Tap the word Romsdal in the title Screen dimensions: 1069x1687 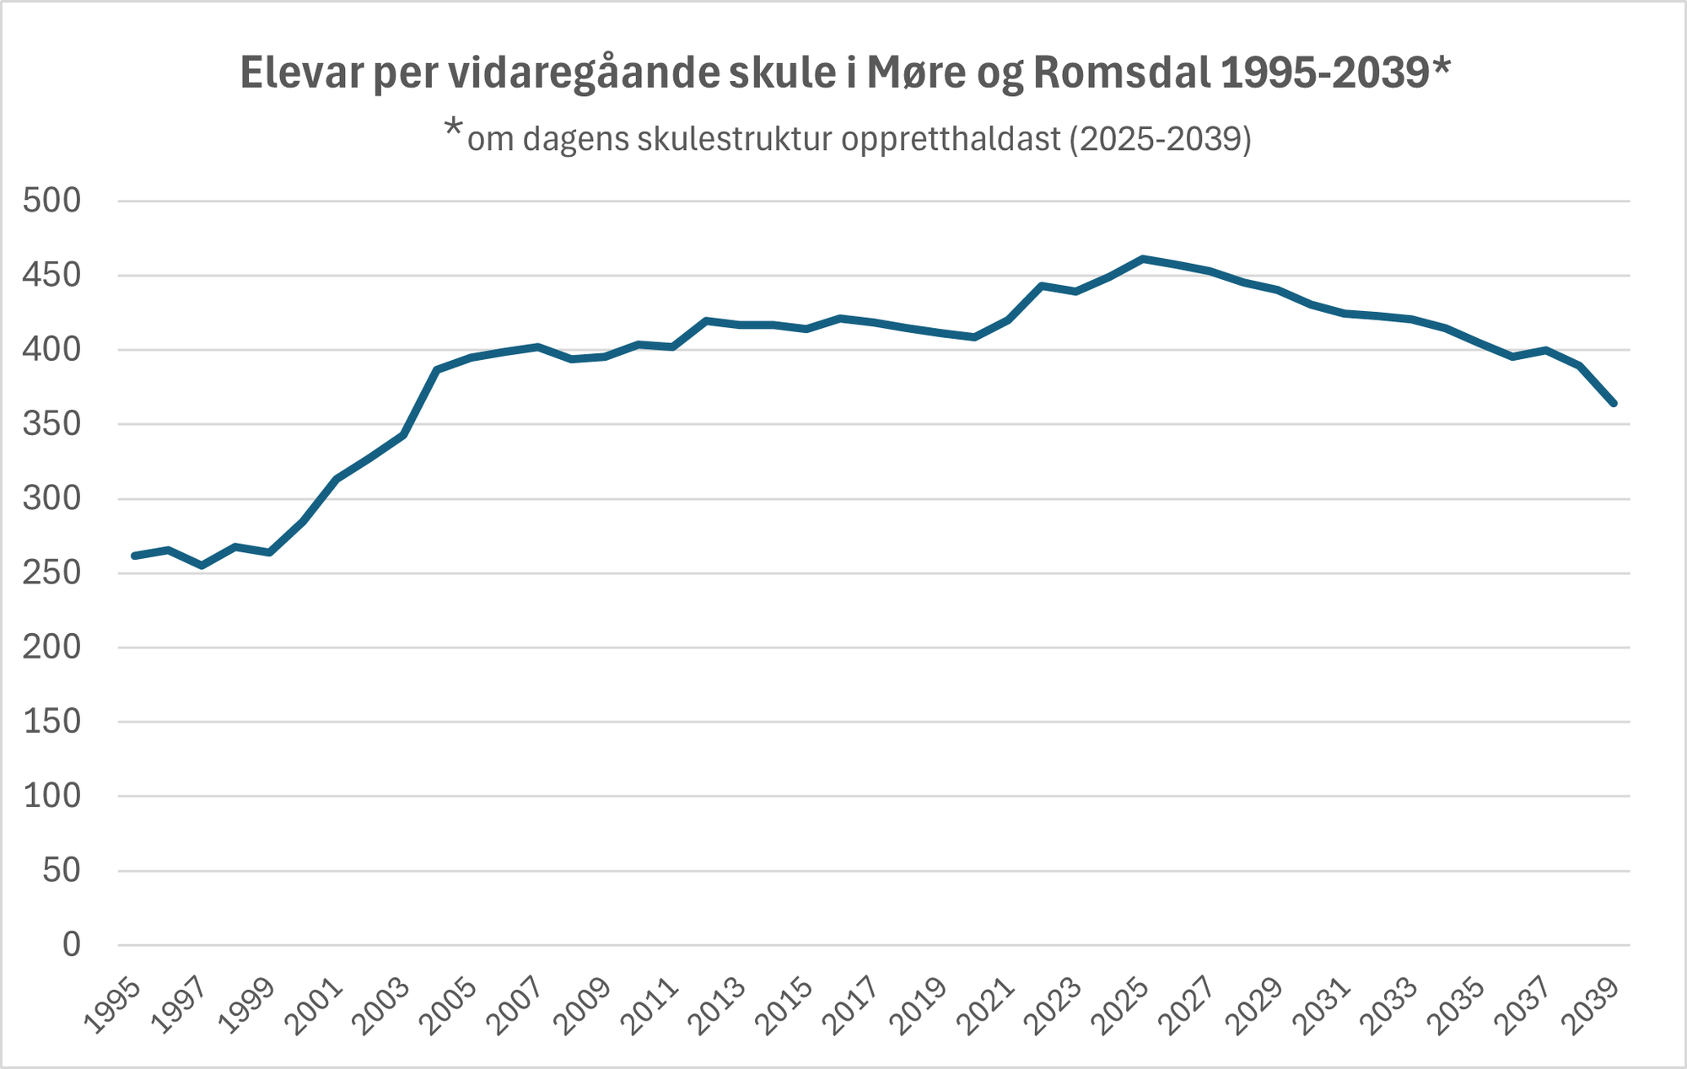[x=1121, y=73]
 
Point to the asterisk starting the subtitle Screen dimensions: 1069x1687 [x=454, y=130]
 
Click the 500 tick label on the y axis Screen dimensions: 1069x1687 [x=52, y=201]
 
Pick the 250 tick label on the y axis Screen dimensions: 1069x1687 [x=52, y=573]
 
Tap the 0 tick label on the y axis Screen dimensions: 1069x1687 [x=72, y=945]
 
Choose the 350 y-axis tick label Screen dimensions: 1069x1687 [x=52, y=424]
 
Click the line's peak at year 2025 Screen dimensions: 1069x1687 [x=1143, y=259]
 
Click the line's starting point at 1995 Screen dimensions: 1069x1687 [x=134, y=556]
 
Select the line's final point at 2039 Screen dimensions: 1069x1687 [x=1613, y=404]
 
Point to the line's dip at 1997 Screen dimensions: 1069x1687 [x=202, y=566]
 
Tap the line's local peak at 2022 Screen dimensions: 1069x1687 [x=1042, y=286]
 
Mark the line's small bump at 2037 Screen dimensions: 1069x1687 [x=1545, y=350]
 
